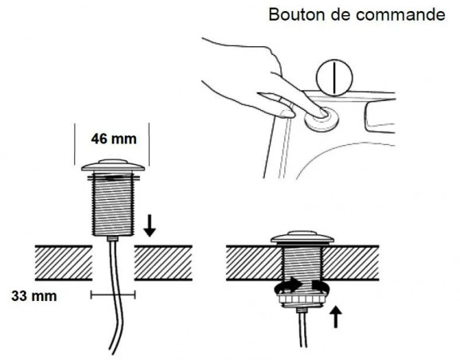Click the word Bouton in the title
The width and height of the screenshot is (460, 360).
[297, 14]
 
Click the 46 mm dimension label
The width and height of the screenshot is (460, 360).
[114, 139]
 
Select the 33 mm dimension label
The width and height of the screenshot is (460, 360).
[34, 296]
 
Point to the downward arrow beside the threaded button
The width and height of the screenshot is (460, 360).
[150, 225]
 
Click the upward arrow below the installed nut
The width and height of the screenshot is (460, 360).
[336, 317]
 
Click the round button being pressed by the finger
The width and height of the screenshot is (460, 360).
[322, 119]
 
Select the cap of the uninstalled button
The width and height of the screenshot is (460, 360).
[113, 166]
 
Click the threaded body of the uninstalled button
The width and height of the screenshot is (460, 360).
[113, 205]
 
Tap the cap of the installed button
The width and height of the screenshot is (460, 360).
[302, 237]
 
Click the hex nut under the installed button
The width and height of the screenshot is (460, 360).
[302, 299]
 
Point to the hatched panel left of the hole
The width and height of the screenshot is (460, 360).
[64, 263]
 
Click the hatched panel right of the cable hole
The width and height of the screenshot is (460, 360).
[163, 263]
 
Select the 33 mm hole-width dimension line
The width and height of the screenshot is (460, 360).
[113, 295]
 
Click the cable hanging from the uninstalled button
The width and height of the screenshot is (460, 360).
[116, 294]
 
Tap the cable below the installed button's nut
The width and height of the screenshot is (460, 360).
[302, 328]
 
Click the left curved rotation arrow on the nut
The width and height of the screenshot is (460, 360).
[288, 285]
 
